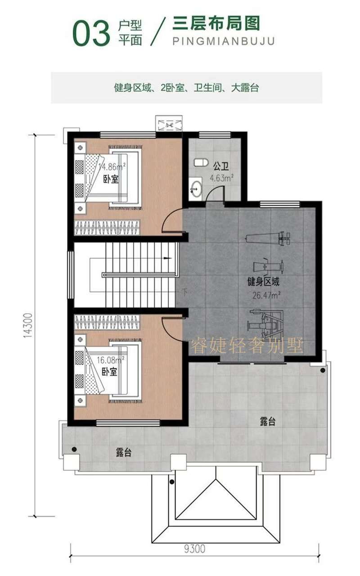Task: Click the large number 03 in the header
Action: pos(91,34)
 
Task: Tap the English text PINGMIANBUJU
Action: pos(223,41)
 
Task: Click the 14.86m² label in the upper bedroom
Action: pos(111,166)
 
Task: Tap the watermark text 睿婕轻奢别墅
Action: pos(247,346)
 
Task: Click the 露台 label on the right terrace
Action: pos(268,422)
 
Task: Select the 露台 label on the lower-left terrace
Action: pos(123,453)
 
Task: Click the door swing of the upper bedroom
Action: pos(172,220)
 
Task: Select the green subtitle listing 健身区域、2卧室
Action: pos(186,88)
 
